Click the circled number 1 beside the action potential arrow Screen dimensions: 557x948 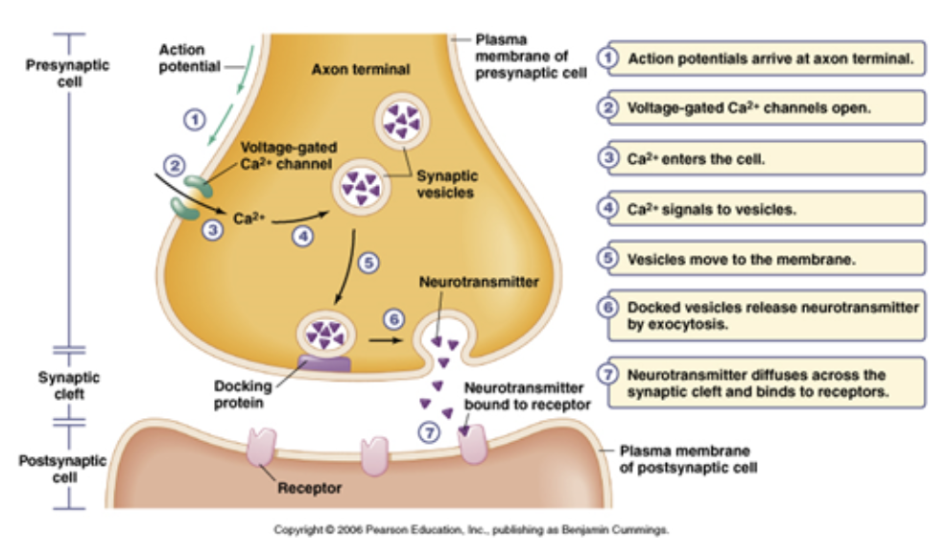(196, 120)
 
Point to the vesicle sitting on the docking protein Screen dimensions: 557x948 (325, 336)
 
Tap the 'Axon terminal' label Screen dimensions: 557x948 (361, 70)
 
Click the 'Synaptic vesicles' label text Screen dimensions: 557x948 (446, 185)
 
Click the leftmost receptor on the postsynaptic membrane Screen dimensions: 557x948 (260, 447)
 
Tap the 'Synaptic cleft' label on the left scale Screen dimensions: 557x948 (68, 386)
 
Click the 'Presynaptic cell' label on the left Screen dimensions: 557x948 (68, 74)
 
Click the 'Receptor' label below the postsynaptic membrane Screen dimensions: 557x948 (309, 489)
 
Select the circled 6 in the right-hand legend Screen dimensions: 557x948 (606, 308)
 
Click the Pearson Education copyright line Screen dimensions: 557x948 (470, 529)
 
